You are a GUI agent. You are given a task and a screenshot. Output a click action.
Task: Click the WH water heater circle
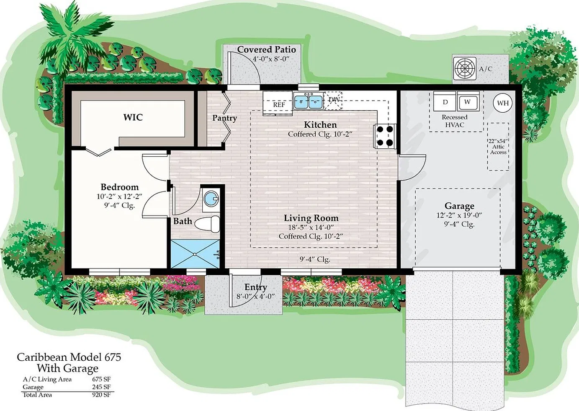503,103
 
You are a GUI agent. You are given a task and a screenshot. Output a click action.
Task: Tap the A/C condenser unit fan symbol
465,68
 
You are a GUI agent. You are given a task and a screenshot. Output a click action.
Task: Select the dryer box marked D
445,102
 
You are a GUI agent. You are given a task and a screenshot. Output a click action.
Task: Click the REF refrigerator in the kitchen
278,103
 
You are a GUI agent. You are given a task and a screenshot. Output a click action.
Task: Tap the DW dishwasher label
334,99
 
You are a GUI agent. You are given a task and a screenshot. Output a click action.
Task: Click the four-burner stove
385,136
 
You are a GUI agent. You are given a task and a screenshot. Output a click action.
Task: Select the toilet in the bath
207,224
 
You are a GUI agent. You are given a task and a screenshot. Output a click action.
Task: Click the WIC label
133,117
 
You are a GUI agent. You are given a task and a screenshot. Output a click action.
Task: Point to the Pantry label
224,118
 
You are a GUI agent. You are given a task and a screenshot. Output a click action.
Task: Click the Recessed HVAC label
455,121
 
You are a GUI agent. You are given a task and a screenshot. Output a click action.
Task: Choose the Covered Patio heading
267,49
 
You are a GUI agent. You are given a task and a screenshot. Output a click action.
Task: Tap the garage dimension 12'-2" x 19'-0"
459,215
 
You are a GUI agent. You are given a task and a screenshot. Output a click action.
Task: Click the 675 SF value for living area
101,379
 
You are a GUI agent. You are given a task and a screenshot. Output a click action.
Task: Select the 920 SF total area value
101,395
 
